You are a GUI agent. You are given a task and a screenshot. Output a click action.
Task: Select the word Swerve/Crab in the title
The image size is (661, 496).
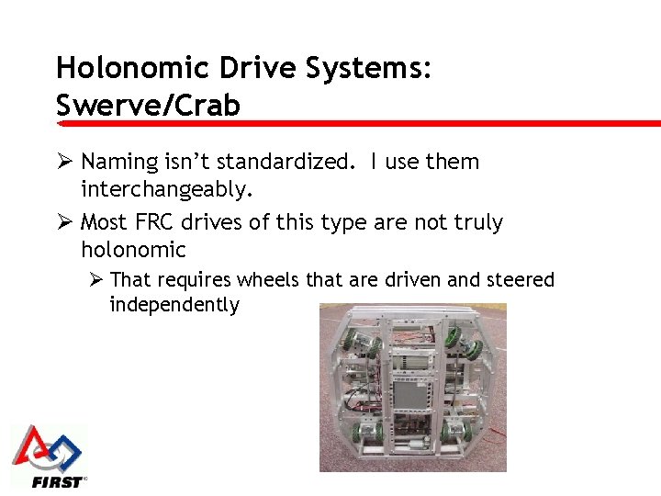148,105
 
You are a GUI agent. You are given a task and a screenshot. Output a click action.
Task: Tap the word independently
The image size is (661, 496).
174,305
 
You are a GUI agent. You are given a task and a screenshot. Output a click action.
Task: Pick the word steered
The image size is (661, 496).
521,279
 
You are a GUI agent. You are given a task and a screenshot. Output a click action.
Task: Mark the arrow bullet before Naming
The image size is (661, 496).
64,162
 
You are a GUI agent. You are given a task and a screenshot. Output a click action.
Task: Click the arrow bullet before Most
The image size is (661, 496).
64,222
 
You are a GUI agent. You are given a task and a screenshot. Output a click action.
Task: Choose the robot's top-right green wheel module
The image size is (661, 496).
467,347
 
